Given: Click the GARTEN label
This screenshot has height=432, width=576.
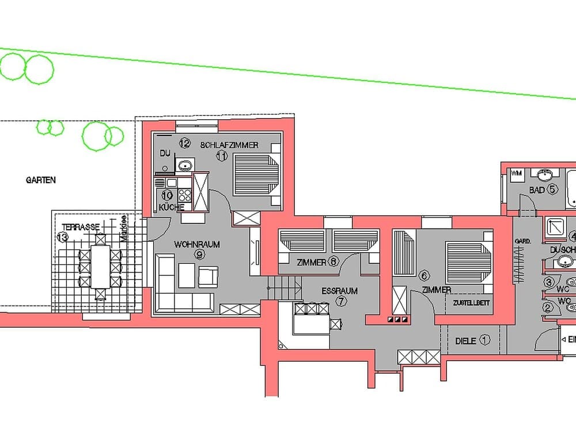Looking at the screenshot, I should (41, 180).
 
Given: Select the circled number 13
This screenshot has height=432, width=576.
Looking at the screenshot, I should (63, 237).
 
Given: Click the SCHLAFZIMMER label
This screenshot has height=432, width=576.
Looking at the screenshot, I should (229, 145).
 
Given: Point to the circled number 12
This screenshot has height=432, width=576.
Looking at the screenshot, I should (184, 143).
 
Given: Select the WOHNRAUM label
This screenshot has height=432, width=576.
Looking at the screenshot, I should (197, 244).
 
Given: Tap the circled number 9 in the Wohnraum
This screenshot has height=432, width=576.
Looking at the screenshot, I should (199, 254).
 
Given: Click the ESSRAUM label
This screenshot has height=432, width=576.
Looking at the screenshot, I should (339, 291).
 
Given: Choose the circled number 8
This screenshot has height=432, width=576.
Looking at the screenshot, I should (334, 263).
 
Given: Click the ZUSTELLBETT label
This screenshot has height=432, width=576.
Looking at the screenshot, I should (472, 303).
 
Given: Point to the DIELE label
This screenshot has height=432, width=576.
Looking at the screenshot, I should (465, 341).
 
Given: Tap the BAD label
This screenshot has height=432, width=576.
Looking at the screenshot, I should (537, 190).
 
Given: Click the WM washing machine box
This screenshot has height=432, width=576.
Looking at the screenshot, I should (516, 173).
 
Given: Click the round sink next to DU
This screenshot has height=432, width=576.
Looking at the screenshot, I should (185, 166).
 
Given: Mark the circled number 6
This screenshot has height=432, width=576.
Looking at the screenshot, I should (423, 276).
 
